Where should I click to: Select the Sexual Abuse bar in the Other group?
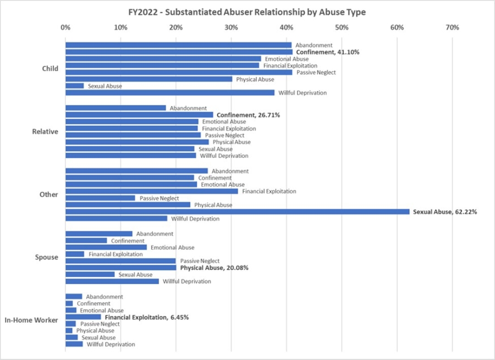pos(238,212)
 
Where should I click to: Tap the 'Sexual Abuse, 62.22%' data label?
pos(445,212)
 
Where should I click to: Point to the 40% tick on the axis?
pos(286,27)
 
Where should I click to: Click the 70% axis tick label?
pos(452,27)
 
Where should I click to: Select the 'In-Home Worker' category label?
pos(31,320)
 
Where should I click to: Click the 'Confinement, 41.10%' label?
pos(328,52)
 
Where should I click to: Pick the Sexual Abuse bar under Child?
pos(75,86)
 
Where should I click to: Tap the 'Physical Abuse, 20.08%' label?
pos(215,268)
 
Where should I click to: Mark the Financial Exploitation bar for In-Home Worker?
pos(83,317)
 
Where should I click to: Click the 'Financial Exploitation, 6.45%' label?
pos(147,317)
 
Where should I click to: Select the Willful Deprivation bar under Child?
pos(170,92)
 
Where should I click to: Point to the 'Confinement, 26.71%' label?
pos(249,115)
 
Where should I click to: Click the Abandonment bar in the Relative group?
pos(116,108)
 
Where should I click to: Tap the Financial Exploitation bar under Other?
pos(152,191)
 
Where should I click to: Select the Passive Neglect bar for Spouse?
pos(120,261)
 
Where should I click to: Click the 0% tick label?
pos(65,27)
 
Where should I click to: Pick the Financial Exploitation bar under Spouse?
pos(75,254)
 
